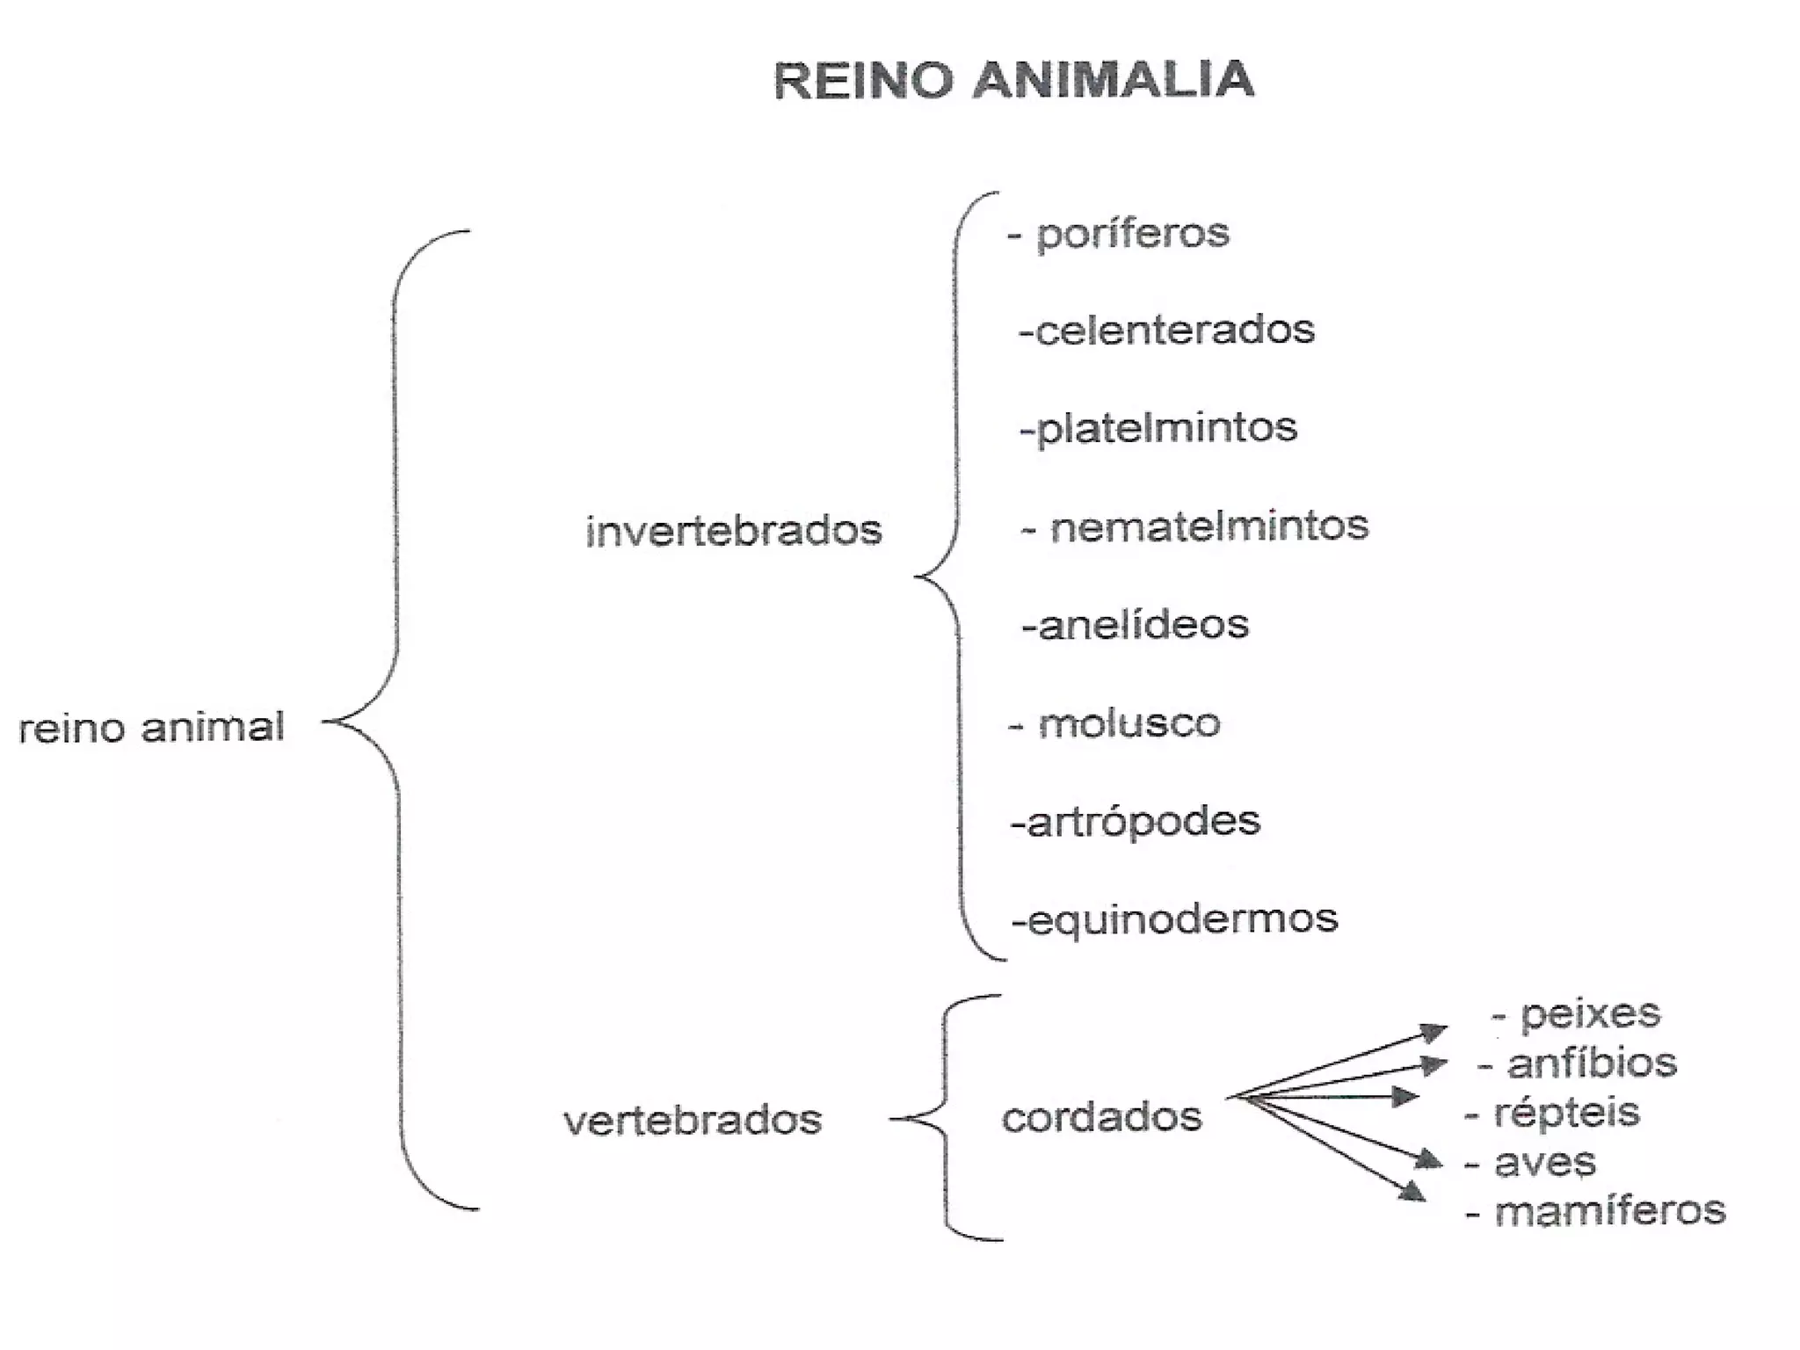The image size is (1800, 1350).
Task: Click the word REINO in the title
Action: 863,81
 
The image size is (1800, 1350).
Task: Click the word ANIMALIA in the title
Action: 1114,81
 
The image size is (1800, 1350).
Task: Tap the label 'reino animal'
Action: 151,728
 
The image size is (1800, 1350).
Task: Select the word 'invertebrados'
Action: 733,531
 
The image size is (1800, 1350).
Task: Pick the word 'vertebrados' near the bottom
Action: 693,1120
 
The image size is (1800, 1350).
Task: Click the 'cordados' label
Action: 1101,1118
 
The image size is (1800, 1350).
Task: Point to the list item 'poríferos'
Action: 1132,234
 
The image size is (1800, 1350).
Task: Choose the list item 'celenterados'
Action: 1174,330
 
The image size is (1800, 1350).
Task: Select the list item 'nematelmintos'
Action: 1208,526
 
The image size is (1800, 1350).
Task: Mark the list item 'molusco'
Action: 1129,723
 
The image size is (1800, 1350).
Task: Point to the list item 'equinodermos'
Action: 1182,920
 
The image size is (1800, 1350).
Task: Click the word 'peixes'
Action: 1590,1013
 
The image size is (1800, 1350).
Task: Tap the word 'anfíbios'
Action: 1592,1063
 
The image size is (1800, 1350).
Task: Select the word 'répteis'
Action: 1566,1113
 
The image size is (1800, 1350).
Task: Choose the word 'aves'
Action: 1544,1163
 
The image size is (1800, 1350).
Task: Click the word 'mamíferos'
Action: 1609,1211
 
